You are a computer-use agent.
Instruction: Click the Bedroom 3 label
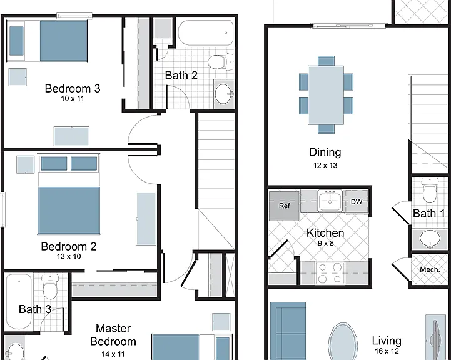[73, 88]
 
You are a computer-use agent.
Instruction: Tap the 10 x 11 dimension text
[72, 99]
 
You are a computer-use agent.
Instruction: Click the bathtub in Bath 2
[206, 32]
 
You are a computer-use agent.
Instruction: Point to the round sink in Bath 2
[225, 94]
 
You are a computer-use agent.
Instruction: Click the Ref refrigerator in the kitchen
[284, 206]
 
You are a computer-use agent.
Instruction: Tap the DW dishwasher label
[357, 202]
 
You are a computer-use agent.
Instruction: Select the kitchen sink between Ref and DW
[330, 200]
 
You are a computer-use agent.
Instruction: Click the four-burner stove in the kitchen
[330, 273]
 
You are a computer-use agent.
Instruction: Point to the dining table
[326, 95]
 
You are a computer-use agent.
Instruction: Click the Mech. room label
[430, 269]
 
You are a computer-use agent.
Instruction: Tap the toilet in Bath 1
[430, 190]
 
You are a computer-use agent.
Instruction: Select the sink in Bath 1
[430, 239]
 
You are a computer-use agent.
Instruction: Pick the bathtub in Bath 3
[19, 301]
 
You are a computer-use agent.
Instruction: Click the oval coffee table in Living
[343, 342]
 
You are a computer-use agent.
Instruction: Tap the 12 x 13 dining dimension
[325, 166]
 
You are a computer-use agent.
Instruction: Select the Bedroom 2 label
[69, 246]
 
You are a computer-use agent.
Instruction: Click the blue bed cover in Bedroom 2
[69, 211]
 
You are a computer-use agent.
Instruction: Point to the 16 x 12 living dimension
[387, 351]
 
